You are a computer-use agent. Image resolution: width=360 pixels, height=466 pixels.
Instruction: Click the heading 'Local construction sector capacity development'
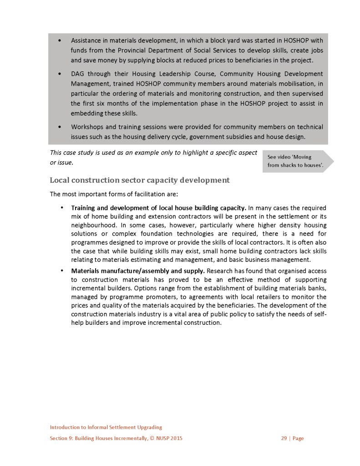pyautogui.click(x=139, y=180)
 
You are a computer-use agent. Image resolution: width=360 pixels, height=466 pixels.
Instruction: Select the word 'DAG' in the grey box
pyautogui.click(x=78, y=74)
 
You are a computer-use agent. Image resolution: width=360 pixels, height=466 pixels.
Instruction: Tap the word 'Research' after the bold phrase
pyautogui.click(x=220, y=271)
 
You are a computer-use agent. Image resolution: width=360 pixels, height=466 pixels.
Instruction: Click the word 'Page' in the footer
pyautogui.click(x=298, y=439)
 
